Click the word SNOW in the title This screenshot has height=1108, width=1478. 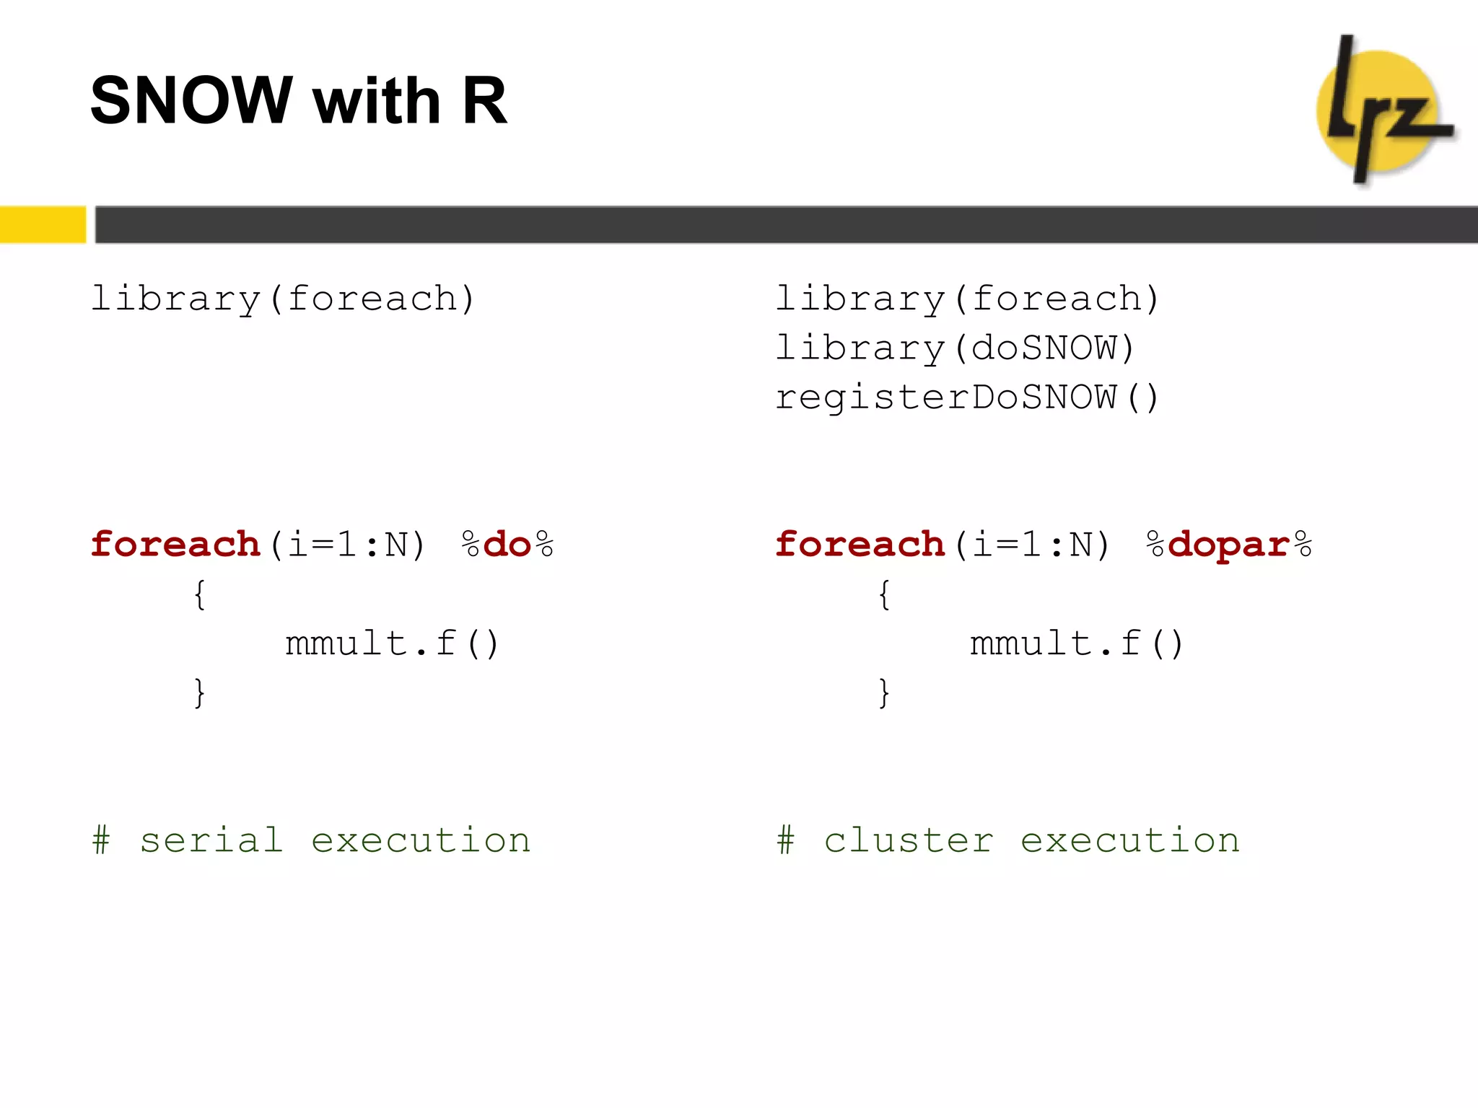click(x=191, y=100)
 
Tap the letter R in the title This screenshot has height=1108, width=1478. click(x=484, y=100)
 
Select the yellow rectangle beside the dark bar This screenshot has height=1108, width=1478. click(x=43, y=224)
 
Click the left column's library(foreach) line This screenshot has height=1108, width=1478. click(x=283, y=299)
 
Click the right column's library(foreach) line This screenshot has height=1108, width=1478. click(x=967, y=299)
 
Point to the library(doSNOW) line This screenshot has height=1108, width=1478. click(x=955, y=348)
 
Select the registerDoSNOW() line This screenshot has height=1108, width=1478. click(x=967, y=397)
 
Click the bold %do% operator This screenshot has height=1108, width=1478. click(x=508, y=545)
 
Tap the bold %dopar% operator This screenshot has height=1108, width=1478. click(x=1229, y=545)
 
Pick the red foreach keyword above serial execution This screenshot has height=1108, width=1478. click(x=175, y=545)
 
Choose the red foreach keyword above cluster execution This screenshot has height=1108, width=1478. click(x=860, y=545)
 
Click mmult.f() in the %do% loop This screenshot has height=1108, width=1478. click(x=392, y=643)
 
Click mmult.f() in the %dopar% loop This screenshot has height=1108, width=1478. click(x=1076, y=643)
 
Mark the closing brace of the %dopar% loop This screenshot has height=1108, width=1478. click(x=884, y=693)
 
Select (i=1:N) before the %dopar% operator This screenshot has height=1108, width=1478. click(x=1032, y=545)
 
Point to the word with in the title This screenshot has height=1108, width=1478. click(x=376, y=100)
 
